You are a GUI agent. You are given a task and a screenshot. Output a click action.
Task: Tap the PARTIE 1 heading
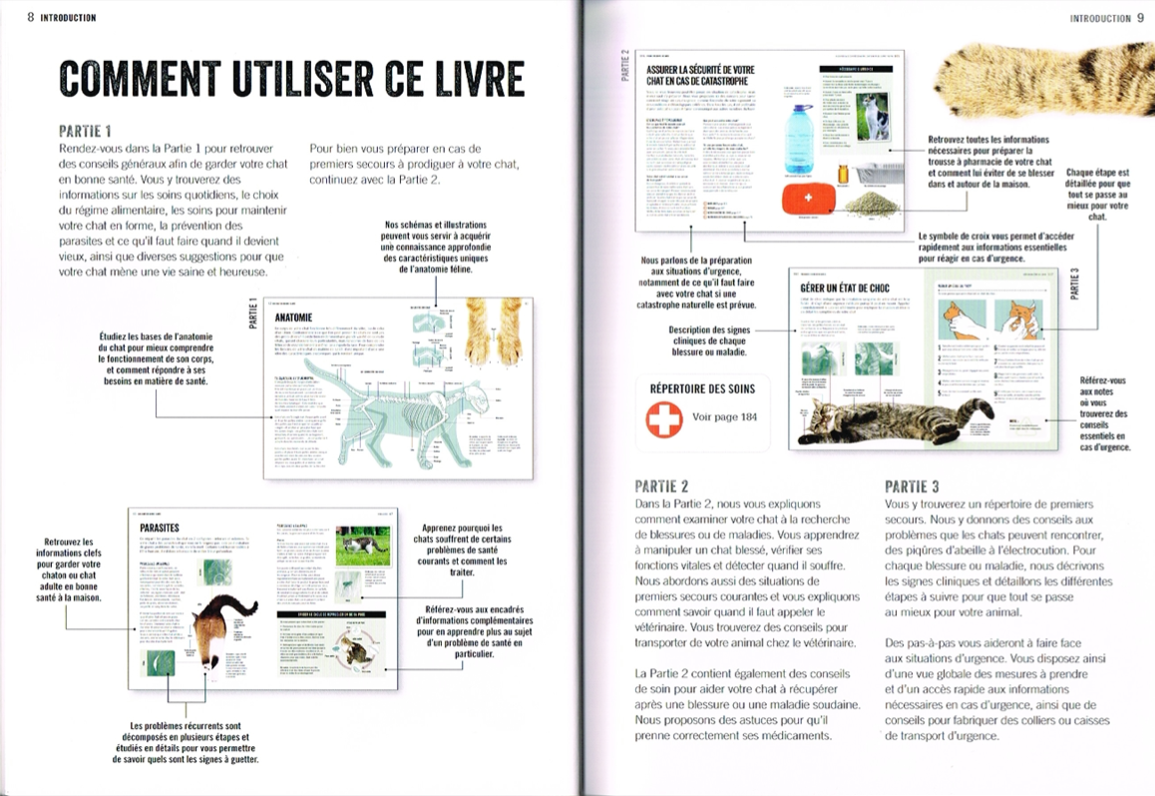(x=85, y=131)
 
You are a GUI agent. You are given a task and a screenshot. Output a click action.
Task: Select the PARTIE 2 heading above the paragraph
(x=661, y=487)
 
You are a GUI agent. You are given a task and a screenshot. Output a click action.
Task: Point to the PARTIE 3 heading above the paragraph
(x=912, y=487)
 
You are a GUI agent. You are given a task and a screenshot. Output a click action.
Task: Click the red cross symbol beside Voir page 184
(x=664, y=419)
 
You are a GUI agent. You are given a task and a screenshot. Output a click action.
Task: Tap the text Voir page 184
(x=724, y=417)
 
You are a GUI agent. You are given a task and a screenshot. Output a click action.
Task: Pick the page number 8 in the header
(x=31, y=17)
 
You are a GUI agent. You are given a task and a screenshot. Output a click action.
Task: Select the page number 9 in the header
(x=1140, y=17)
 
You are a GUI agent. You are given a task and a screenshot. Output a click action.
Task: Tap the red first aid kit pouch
(x=809, y=199)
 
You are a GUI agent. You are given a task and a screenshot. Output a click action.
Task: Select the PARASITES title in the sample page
(x=160, y=526)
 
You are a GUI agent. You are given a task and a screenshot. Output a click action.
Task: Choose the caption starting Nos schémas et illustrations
(x=436, y=245)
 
